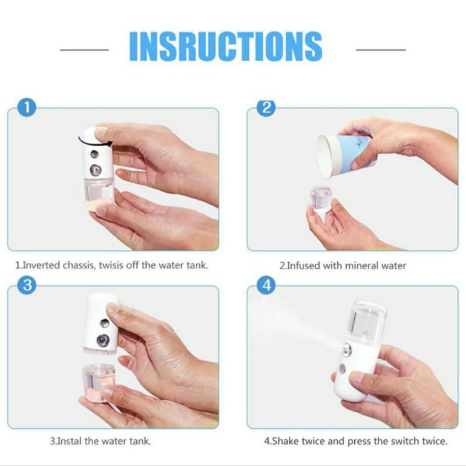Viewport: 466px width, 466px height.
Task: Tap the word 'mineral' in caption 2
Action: click(353, 266)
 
